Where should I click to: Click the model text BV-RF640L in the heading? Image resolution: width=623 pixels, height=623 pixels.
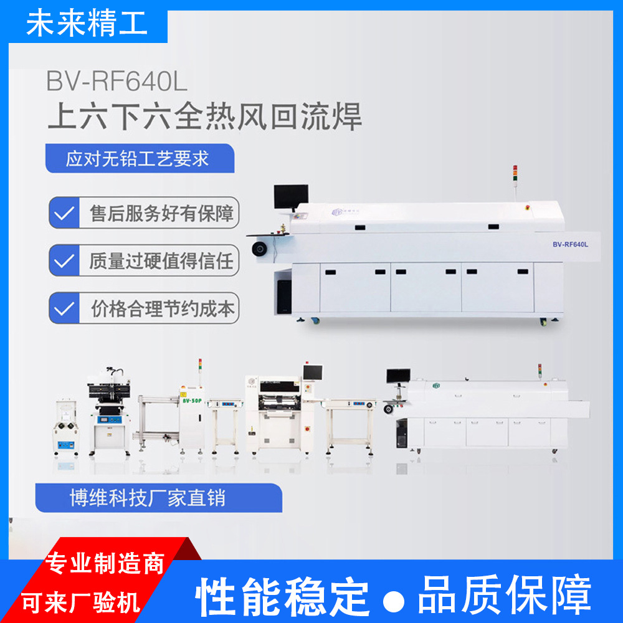pos(117,82)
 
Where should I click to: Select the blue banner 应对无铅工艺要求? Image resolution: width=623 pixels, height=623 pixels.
pos(138,158)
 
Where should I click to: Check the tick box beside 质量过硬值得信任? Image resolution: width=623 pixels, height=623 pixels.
pos(64,260)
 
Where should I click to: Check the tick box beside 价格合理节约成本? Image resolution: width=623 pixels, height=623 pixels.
pos(64,308)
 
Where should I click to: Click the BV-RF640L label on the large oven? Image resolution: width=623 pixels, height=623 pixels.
pos(569,244)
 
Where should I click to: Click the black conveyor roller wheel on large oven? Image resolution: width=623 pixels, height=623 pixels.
pos(259,249)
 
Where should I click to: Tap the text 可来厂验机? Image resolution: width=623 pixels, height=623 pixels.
pos(81,602)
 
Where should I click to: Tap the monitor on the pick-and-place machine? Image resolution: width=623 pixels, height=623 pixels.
pos(312,373)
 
